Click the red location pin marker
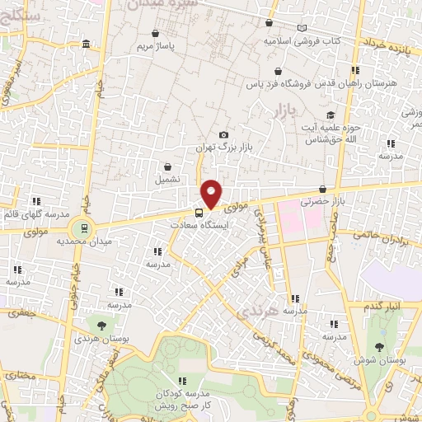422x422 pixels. (x=212, y=193)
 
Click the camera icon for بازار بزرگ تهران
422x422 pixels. (x=223, y=134)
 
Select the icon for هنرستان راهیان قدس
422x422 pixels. (x=355, y=71)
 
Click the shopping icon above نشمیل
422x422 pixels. (x=168, y=166)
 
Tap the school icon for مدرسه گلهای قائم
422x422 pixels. (x=36, y=201)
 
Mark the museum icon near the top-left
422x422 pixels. (x=87, y=44)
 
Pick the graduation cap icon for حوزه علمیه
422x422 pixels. (x=331, y=115)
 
